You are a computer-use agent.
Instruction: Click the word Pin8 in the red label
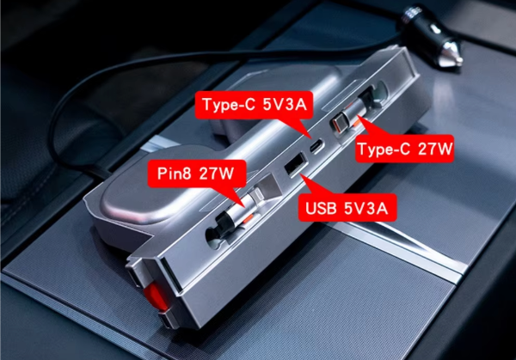point(174,174)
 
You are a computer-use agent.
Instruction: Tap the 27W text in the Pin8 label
point(216,174)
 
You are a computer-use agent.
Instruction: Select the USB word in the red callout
point(321,208)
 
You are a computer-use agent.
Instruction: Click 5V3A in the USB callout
point(366,208)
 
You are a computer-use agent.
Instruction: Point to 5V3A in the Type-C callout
point(285,105)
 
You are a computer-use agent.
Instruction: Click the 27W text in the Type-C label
point(435,149)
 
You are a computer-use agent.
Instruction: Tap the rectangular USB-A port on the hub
point(296,164)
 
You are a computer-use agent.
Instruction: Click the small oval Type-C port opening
point(316,146)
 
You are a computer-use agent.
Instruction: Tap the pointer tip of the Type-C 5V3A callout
point(310,138)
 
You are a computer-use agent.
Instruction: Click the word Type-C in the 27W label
point(384,149)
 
